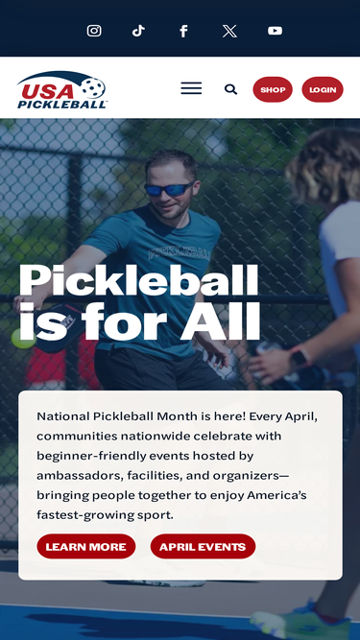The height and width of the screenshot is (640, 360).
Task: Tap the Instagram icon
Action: [94, 31]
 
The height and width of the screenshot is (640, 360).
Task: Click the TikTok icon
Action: [138, 31]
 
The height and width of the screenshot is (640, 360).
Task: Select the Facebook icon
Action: [183, 31]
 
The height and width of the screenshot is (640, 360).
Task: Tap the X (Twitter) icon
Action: [229, 31]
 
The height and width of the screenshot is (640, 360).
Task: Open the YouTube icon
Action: [275, 31]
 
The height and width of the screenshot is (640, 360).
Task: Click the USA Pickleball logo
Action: [61, 90]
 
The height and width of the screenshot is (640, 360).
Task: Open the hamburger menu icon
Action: [191, 88]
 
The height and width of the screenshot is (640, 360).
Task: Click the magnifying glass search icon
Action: [230, 89]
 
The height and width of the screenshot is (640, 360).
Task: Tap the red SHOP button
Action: [273, 89]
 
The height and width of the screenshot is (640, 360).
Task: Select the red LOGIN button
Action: [323, 89]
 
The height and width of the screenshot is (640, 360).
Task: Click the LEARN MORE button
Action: [86, 546]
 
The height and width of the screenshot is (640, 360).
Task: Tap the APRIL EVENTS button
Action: [203, 546]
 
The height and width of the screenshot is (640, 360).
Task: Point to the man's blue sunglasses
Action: [169, 189]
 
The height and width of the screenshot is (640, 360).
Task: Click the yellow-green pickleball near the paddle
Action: [23, 338]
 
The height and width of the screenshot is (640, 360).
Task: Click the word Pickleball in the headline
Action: [139, 280]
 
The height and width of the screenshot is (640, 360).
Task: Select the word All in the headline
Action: [220, 322]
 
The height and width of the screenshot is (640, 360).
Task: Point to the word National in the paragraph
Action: [62, 416]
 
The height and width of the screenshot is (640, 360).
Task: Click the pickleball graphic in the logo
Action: [93, 87]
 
